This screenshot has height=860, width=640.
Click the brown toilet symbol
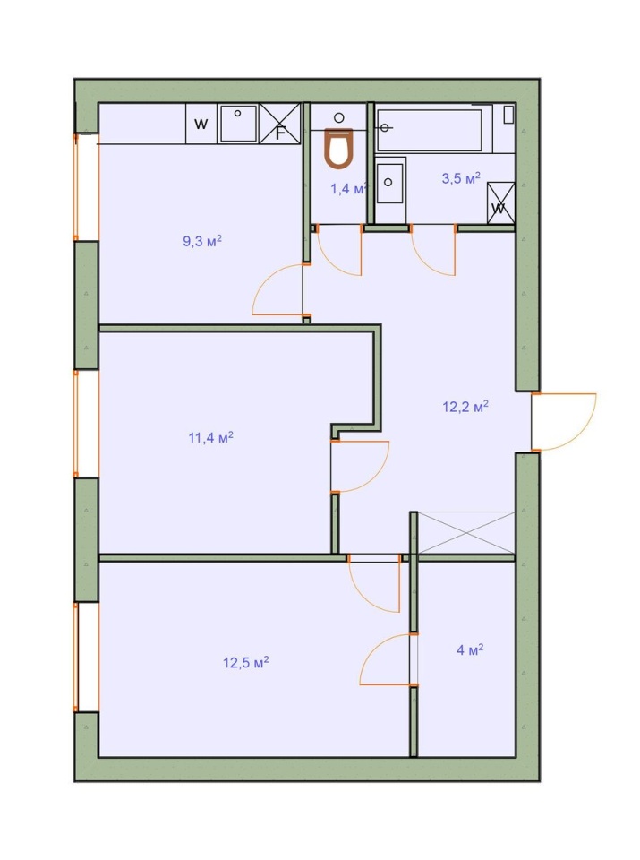338,148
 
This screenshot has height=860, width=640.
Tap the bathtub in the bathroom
430,129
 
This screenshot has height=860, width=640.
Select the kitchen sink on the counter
238,124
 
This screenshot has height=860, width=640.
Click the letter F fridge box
279,124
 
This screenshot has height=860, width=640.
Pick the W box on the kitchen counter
201,124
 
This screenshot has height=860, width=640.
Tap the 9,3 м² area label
202,241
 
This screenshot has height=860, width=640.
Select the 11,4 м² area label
211,438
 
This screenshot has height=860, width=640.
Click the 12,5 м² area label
245,662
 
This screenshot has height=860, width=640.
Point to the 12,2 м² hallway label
465,407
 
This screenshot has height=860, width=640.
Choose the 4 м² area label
470,650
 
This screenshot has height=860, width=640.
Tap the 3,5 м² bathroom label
461,178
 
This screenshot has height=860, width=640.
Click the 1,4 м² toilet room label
348,189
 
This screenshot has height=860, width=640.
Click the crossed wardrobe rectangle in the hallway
465,532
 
